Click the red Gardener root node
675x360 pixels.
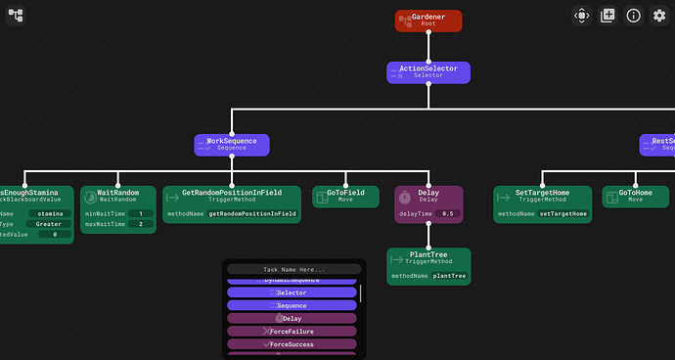pyautogui.click(x=427, y=20)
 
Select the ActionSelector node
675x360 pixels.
pyautogui.click(x=427, y=71)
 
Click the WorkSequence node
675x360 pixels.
pyautogui.click(x=231, y=145)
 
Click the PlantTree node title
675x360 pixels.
pyautogui.click(x=428, y=255)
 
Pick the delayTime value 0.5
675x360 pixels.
pyautogui.click(x=447, y=213)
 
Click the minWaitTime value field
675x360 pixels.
pyautogui.click(x=141, y=213)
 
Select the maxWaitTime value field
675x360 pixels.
pyautogui.click(x=141, y=225)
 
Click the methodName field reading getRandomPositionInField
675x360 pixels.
pyautogui.click(x=251, y=213)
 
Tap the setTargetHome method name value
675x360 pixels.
pyautogui.click(x=563, y=213)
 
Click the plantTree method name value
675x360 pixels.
pyautogui.click(x=449, y=277)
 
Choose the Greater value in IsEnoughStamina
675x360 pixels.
pyautogui.click(x=48, y=224)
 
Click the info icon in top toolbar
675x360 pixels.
pyautogui.click(x=634, y=16)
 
